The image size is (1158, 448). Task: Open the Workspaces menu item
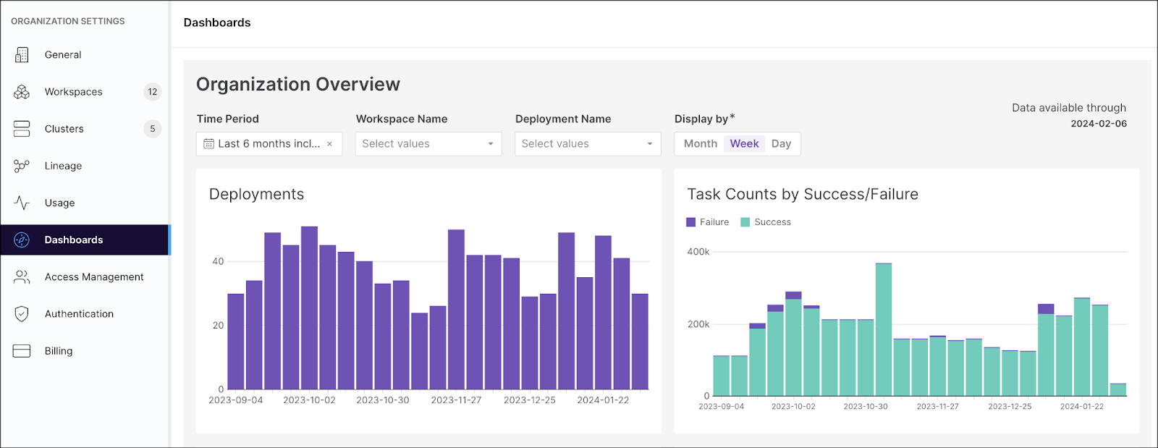(73, 92)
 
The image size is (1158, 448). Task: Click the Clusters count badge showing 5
(152, 129)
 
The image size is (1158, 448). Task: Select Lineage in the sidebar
(63, 166)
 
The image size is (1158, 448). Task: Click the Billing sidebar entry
(58, 351)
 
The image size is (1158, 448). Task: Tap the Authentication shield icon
(22, 314)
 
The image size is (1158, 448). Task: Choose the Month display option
(700, 143)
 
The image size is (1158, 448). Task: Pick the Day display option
(781, 143)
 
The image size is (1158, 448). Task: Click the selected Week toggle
(744, 143)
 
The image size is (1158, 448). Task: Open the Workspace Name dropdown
(428, 143)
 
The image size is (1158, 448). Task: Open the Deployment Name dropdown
(588, 143)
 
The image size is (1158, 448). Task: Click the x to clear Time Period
(329, 144)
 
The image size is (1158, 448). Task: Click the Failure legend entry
(708, 222)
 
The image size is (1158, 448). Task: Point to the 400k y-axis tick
(698, 252)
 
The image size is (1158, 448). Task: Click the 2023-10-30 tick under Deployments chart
(383, 400)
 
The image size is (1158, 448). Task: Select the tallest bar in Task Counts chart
(883, 329)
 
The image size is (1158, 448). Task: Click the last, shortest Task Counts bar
(1117, 389)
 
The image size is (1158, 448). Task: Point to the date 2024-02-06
(1098, 124)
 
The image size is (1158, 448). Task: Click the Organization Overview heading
(298, 85)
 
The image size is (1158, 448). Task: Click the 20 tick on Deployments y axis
(218, 326)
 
